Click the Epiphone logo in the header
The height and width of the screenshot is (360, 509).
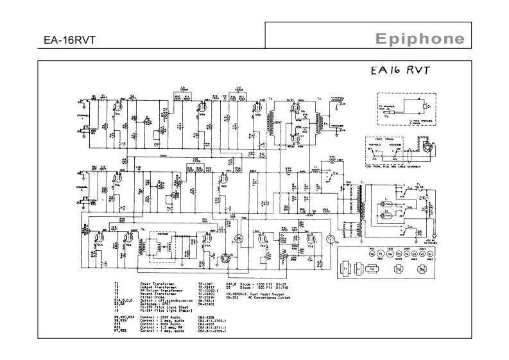420,39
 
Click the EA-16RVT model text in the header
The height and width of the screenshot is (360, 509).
70,40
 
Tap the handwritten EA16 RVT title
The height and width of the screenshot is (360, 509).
399,71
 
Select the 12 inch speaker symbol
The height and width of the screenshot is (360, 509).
424,105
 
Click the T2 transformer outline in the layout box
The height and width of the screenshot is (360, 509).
370,268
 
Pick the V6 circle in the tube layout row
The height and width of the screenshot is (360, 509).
372,253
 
